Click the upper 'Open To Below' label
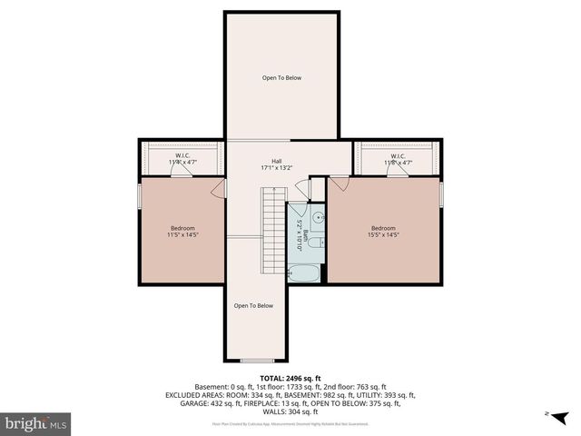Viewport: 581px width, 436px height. [x=281, y=78]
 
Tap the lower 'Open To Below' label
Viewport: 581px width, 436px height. [x=253, y=305]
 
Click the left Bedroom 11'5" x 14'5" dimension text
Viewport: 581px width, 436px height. [x=182, y=235]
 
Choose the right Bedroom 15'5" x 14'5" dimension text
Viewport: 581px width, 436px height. [x=383, y=235]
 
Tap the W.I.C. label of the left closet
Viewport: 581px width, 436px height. [x=182, y=155]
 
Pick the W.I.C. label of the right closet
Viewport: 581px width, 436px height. [x=398, y=155]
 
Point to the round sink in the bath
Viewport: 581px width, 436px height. [x=318, y=217]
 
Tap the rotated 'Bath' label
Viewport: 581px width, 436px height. [x=307, y=237]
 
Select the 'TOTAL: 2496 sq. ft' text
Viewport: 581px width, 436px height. [x=290, y=378]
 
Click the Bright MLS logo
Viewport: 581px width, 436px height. [x=36, y=423]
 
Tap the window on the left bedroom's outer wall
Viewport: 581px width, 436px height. [x=139, y=194]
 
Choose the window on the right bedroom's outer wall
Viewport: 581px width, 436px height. [x=441, y=194]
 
